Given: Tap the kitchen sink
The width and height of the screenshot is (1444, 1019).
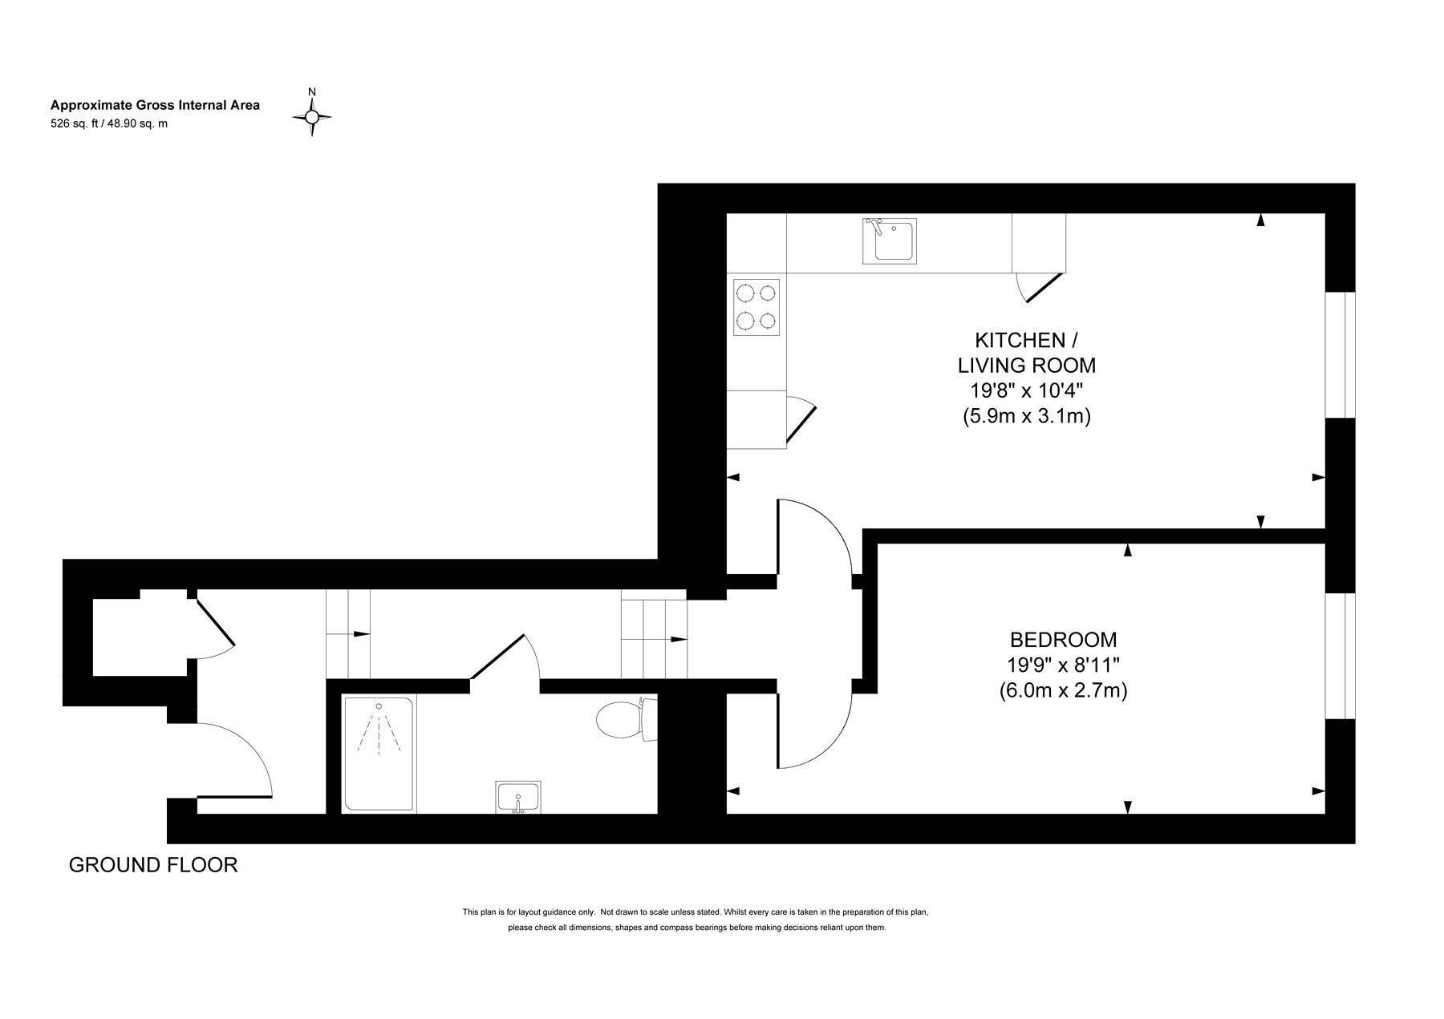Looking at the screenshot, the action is tap(890, 241).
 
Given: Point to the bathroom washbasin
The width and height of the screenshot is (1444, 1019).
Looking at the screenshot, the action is tap(518, 797).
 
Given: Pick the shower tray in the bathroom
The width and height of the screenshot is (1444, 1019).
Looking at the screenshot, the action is tap(379, 754).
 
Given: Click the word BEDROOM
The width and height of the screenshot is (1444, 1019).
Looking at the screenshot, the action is tap(1063, 640).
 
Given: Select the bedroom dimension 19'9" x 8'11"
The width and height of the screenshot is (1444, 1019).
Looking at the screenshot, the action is tap(1063, 665).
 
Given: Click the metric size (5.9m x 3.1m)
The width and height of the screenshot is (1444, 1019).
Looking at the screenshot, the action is tap(1027, 416).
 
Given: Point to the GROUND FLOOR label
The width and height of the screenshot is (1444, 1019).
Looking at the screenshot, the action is tap(153, 865).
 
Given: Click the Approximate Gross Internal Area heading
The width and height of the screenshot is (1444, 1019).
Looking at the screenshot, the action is tap(155, 105).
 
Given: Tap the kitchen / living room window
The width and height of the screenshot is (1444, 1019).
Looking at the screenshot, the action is tap(1339, 354).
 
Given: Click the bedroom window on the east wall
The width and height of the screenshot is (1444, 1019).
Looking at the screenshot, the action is tap(1339, 656).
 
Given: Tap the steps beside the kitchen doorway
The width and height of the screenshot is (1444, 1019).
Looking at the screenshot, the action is tap(654, 633).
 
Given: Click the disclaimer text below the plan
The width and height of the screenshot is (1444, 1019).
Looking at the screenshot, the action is tap(696, 920).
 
